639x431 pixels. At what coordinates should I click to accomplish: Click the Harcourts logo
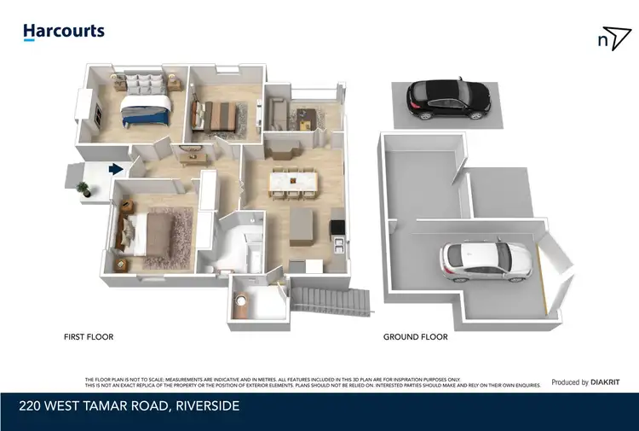coord(64,32)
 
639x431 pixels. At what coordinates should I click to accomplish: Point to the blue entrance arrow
coord(116,170)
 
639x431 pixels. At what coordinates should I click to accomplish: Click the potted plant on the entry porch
coord(83,188)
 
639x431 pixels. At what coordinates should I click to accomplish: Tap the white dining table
coord(293,182)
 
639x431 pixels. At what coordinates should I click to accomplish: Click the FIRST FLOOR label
coord(89,337)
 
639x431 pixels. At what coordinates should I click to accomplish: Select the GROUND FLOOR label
coord(415,337)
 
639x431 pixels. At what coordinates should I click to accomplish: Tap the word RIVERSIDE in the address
coord(207,406)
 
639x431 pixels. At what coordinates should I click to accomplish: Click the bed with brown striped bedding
coord(216,117)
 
